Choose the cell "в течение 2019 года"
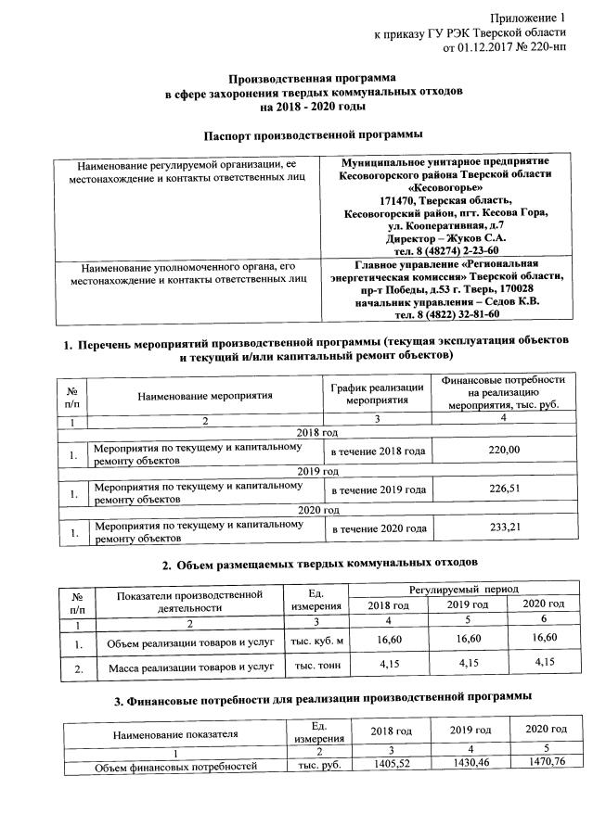tap(379, 490)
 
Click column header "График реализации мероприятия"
tap(378, 395)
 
